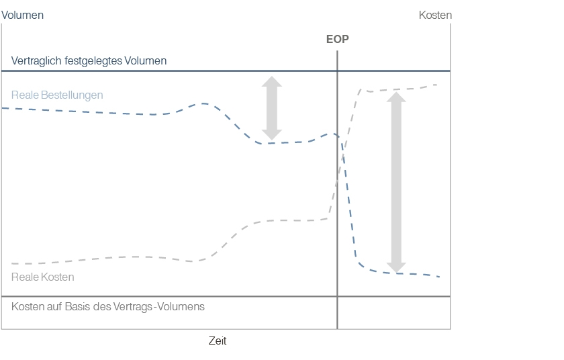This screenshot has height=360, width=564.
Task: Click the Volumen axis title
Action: click(x=22, y=15)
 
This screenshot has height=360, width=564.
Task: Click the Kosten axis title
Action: click(x=435, y=15)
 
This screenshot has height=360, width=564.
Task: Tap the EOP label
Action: click(x=337, y=39)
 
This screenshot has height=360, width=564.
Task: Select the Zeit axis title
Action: click(x=218, y=341)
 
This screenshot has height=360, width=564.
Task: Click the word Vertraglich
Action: click(x=36, y=61)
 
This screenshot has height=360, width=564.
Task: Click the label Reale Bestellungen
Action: click(x=57, y=95)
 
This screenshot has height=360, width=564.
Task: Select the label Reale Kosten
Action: click(x=43, y=277)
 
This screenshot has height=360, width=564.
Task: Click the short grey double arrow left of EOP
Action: click(x=271, y=107)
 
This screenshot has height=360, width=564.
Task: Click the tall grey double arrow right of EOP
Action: click(x=397, y=181)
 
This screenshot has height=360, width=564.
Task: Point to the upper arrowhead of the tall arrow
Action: click(x=397, y=97)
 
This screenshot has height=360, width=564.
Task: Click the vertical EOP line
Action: click(x=337, y=201)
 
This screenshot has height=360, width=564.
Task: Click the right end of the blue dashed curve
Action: click(x=439, y=277)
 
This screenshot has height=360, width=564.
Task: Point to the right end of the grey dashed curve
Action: click(x=438, y=85)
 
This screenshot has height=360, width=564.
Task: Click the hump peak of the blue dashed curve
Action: click(x=203, y=103)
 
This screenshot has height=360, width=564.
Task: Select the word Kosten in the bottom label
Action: click(x=27, y=306)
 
